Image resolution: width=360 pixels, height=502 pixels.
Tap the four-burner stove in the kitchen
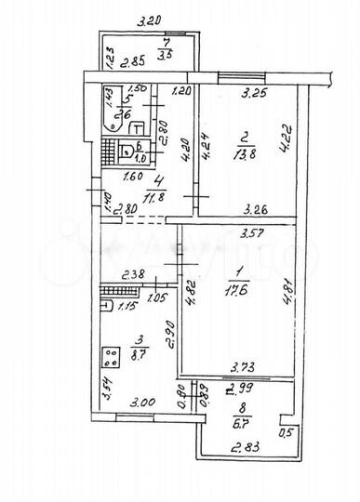click(x=112, y=356)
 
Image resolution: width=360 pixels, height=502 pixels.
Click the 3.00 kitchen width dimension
click(x=142, y=403)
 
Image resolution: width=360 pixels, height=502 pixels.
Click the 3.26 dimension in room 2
click(x=258, y=210)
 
